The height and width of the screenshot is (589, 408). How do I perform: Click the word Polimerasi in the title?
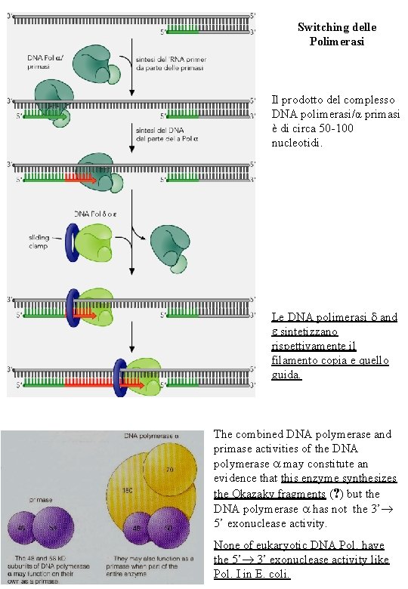[x=336, y=42]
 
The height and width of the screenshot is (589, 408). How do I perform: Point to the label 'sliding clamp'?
[x=40, y=241]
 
